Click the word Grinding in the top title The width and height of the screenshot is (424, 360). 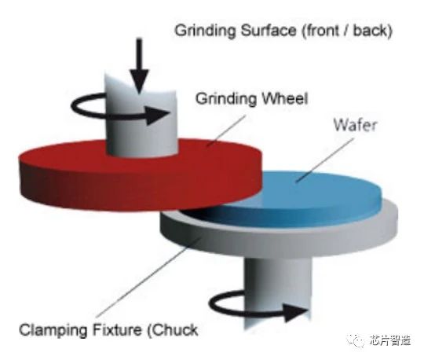click(206, 31)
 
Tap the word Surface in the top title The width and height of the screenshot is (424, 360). click(269, 31)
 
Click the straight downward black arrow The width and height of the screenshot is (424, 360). click(139, 66)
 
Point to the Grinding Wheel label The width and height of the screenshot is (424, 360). click(252, 99)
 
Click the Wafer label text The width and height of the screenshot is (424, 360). click(355, 125)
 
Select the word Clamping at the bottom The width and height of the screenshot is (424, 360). click(53, 330)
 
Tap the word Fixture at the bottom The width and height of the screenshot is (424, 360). click(117, 329)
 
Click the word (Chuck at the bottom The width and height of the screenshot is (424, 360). click(172, 330)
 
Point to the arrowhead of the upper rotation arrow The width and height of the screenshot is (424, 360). click(158, 115)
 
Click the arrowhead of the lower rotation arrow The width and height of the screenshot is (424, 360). click(295, 313)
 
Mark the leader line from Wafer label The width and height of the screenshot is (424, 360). click(324, 160)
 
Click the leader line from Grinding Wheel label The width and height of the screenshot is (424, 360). click(226, 130)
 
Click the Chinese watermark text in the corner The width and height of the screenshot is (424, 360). click(390, 340)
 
